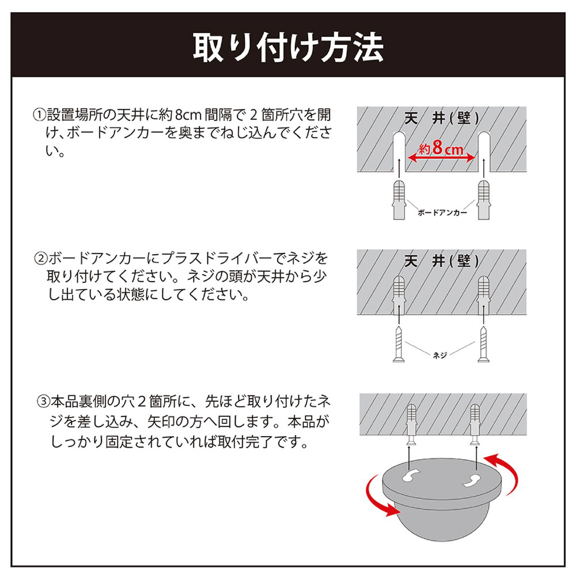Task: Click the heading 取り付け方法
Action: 288,47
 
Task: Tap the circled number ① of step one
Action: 39,115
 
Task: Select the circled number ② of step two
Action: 41,259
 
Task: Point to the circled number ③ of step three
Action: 43,401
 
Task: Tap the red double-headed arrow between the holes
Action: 441,158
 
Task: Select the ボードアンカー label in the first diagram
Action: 442,213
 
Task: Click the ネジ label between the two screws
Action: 439,355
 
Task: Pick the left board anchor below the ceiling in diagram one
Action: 399,200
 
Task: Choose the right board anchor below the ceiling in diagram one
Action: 483,200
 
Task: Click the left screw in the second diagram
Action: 399,344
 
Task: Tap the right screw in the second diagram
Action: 483,344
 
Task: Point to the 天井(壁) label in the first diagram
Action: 442,118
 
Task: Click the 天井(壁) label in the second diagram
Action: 442,261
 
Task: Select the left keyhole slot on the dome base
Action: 411,476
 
